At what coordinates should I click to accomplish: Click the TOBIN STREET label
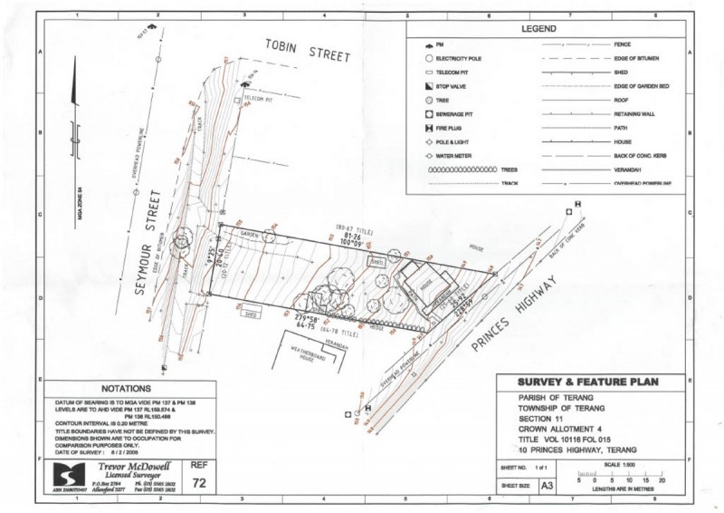309,51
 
